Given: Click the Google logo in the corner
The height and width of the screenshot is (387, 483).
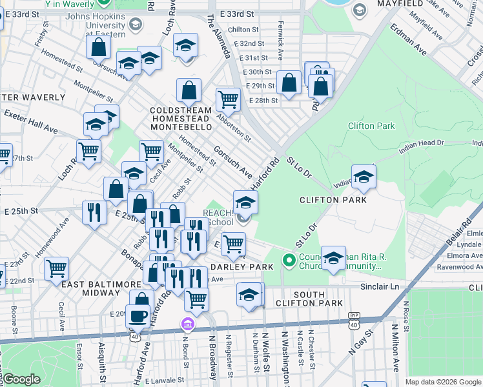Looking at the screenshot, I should click(21, 379).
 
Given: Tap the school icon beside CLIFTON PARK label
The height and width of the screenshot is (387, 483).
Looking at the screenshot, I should click(364, 177).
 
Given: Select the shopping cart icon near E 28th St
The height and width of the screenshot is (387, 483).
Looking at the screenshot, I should click(228, 100).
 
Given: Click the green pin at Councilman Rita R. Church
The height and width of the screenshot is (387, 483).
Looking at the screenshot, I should click(289, 261).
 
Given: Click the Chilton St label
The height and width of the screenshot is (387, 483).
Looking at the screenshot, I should click(243, 30).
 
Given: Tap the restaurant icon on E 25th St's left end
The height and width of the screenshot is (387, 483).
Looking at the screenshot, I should click(94, 213).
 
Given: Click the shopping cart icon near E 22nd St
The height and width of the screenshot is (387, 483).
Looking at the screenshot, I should click(57, 268).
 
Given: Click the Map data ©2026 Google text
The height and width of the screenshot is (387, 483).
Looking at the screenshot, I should click(442, 382).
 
